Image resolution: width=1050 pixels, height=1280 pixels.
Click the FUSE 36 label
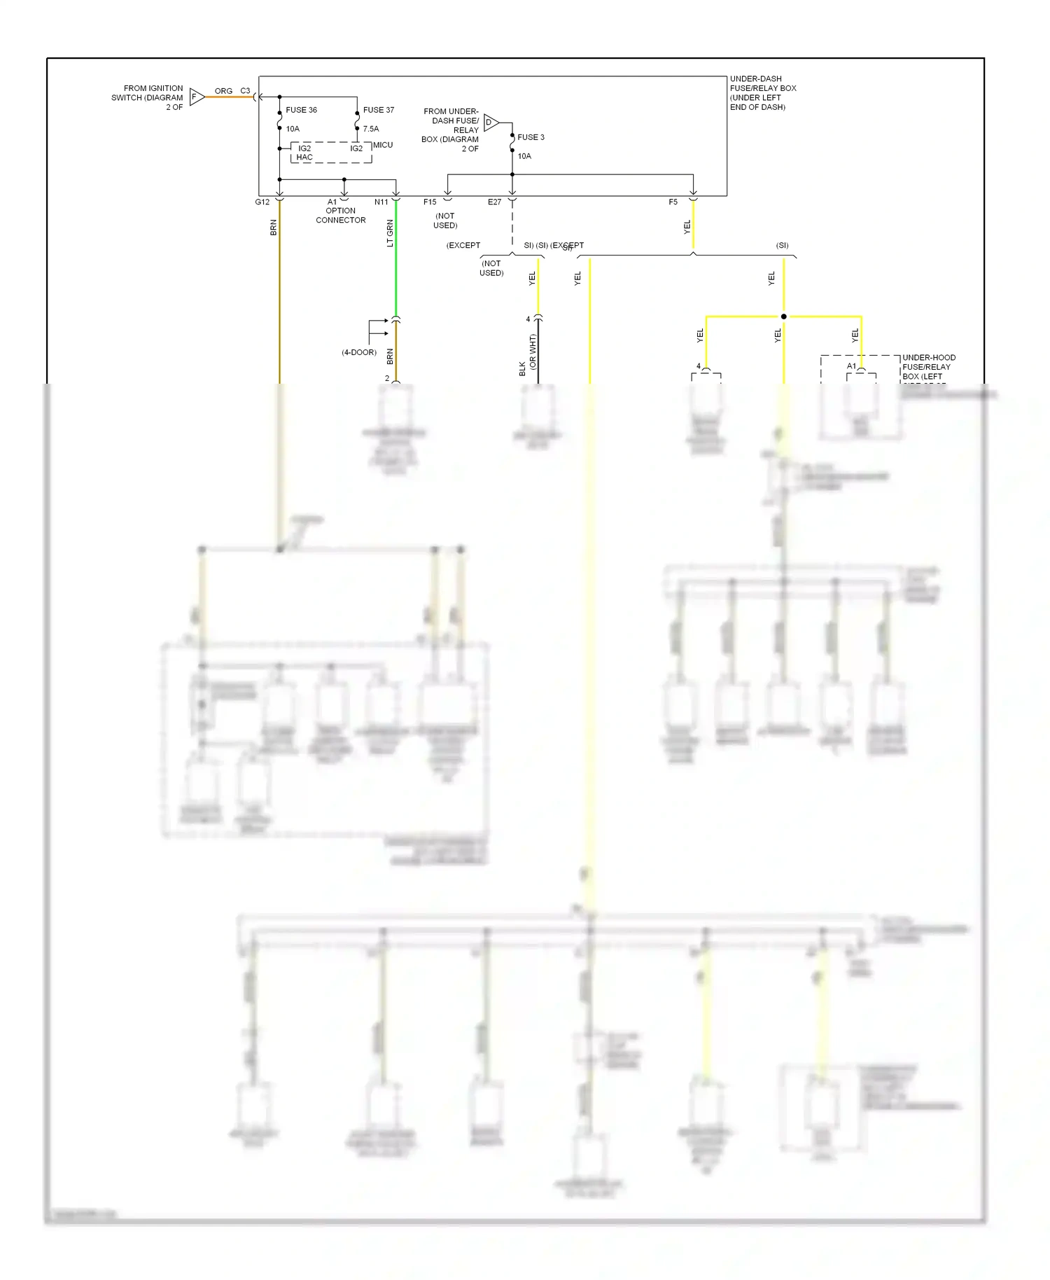pos(301,110)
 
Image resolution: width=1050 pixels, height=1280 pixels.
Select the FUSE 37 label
pos(378,110)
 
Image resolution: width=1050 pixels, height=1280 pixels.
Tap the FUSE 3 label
pos(531,137)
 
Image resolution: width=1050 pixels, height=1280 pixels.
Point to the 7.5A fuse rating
pos(371,129)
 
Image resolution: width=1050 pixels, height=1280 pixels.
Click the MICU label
pos(383,145)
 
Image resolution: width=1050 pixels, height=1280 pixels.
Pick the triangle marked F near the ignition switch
pos(197,97)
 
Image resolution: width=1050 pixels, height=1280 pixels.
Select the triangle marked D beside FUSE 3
pos(491,123)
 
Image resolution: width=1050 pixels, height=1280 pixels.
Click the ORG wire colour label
pos(223,91)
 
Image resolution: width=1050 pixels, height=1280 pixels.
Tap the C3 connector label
pos(245,91)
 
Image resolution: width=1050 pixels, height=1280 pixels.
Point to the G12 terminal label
pos(262,202)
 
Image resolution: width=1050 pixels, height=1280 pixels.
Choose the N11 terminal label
pos(381,202)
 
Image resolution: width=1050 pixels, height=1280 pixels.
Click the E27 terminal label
pos(494,202)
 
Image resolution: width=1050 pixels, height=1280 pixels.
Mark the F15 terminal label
pos(430,202)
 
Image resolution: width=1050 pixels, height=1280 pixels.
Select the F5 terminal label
pos(673,202)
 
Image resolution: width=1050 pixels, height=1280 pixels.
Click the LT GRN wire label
pos(390,233)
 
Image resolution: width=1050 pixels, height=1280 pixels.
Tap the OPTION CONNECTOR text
pos(340,215)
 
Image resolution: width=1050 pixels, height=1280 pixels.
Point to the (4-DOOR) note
pos(359,352)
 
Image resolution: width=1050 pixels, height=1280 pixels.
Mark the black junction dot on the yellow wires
pos(784,316)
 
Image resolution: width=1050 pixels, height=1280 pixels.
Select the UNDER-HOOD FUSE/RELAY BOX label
pos(928,367)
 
